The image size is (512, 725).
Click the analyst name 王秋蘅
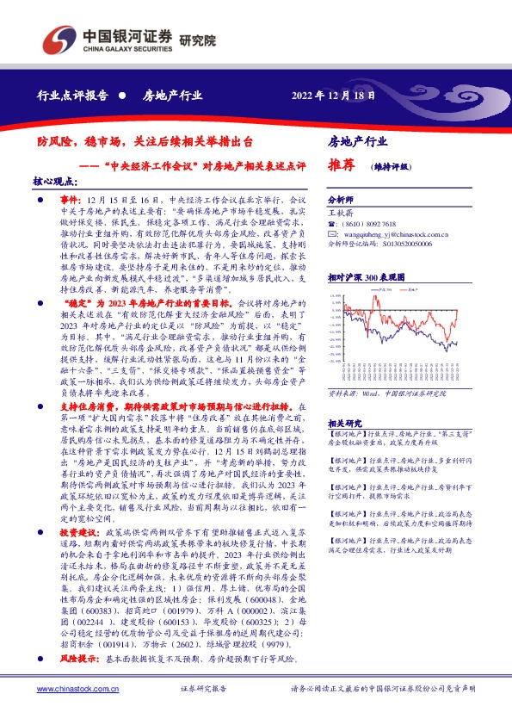coord(342,209)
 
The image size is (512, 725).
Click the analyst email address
coord(384,232)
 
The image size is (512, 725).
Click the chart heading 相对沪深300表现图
coord(367,278)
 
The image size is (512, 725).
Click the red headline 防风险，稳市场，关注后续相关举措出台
coord(145,140)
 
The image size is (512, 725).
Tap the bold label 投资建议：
coord(80,533)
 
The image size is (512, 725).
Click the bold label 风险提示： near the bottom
coord(80,658)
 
